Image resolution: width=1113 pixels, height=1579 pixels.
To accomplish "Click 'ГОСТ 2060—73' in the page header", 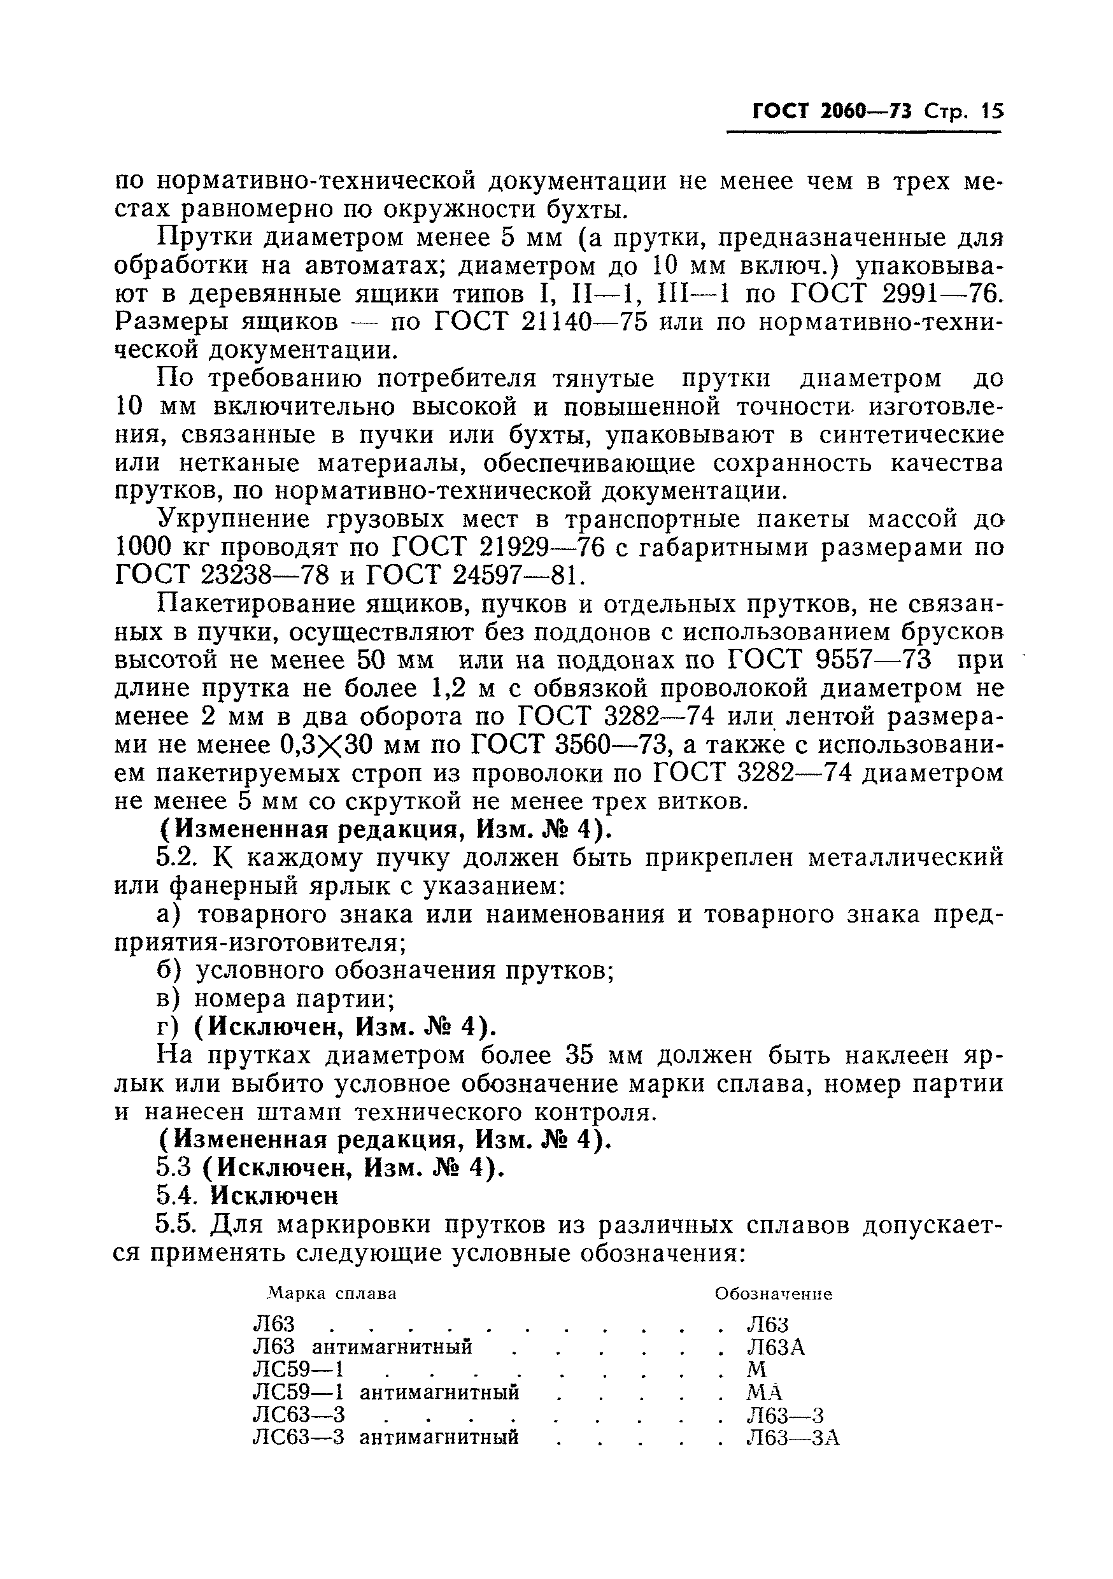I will (x=832, y=111).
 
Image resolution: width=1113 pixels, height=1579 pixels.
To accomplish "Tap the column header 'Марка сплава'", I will (x=332, y=1294).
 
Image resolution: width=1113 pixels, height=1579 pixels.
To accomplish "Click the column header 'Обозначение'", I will (x=774, y=1294).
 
